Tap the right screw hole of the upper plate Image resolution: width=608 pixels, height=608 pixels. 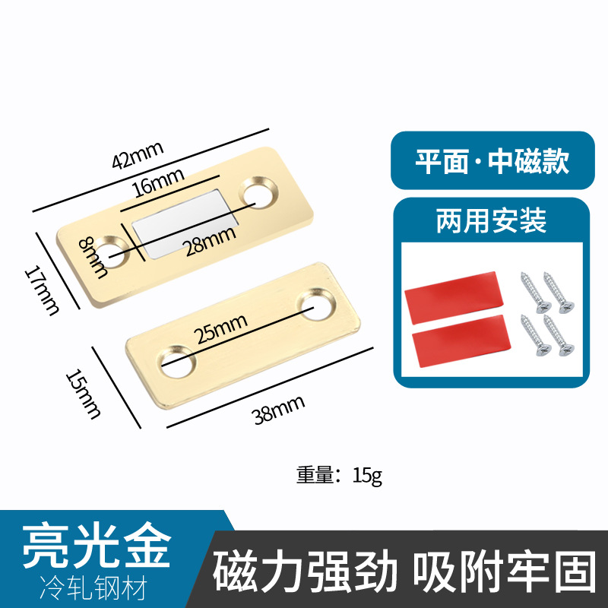click(258, 192)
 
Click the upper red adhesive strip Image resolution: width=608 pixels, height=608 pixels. click(453, 302)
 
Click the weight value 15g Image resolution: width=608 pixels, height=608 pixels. click(368, 477)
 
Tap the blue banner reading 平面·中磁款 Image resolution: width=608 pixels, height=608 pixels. click(492, 161)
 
